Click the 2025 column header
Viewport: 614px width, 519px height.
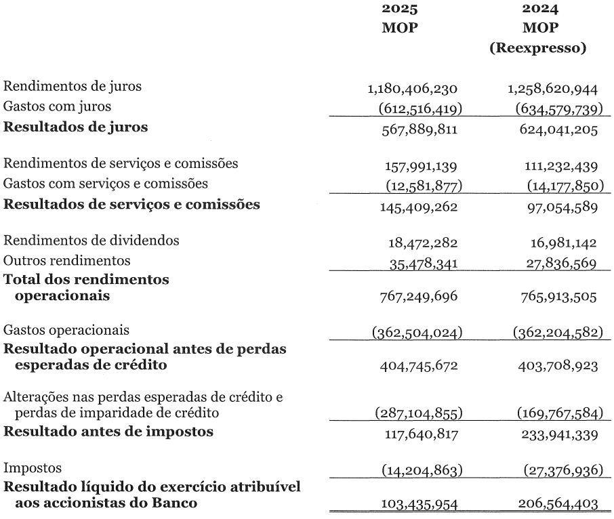[x=400, y=9]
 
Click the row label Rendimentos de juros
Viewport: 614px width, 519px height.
[x=73, y=86]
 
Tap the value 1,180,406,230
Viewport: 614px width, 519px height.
[x=413, y=89]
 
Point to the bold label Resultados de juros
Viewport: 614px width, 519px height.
[x=76, y=127]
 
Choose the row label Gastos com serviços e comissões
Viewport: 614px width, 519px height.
[x=106, y=183]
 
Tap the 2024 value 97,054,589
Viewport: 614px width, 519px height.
[x=559, y=206]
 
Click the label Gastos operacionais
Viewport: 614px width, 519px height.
[x=67, y=330]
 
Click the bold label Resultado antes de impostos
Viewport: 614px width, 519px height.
[x=108, y=431]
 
